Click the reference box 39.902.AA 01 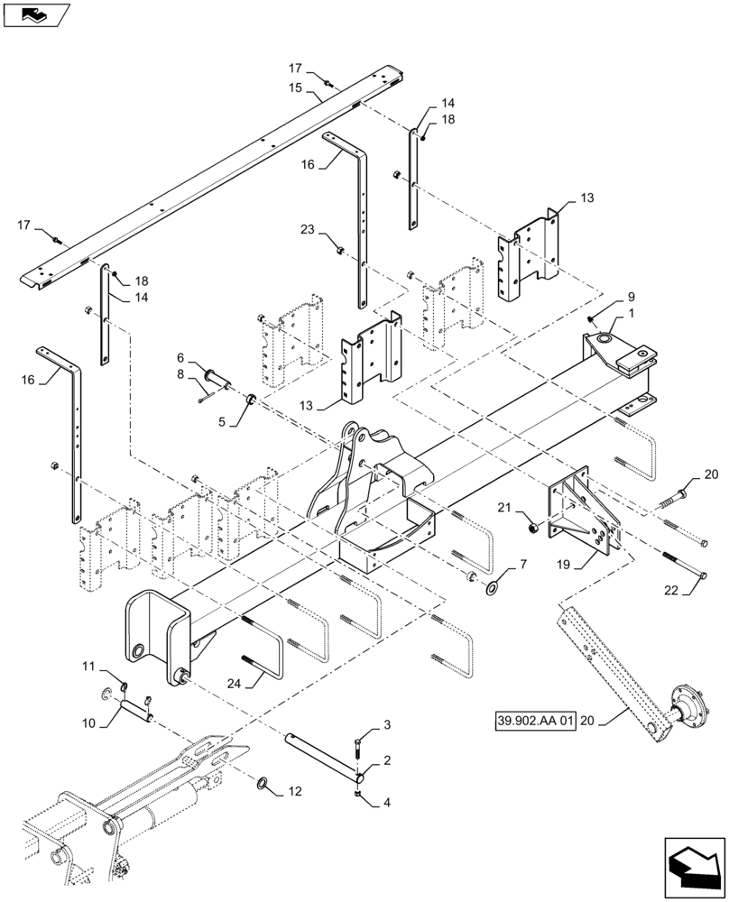click(535, 723)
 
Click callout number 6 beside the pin click(180, 357)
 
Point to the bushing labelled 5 click(253, 399)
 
